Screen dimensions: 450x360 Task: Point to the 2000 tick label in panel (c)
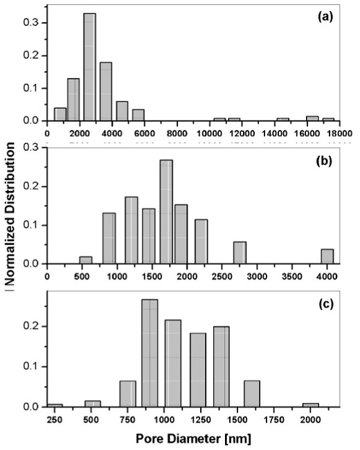tap(311, 419)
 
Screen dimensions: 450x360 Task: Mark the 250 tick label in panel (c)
tap(55, 419)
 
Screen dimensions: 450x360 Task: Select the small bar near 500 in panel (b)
tap(86, 260)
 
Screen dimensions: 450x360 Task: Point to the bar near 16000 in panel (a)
tap(312, 118)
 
